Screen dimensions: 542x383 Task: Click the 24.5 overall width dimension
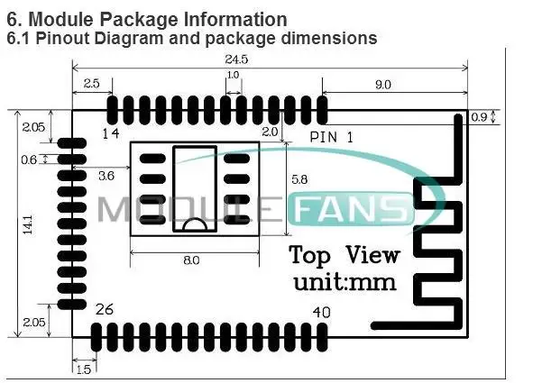[x=269, y=59]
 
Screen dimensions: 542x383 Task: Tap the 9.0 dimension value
[x=382, y=85]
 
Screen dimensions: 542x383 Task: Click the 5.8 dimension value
[x=299, y=179]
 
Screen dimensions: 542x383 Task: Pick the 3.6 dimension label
[x=106, y=176]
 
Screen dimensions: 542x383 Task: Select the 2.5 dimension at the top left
[x=91, y=83]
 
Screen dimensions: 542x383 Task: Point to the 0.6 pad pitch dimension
[x=29, y=160]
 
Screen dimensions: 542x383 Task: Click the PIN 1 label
[x=330, y=137]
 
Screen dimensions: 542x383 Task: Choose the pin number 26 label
[x=105, y=310]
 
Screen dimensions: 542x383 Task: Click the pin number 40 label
[x=320, y=313]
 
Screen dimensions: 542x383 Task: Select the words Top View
[x=344, y=254]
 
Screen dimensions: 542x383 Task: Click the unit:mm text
[x=344, y=281]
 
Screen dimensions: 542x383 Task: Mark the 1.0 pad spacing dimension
[x=233, y=76]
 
